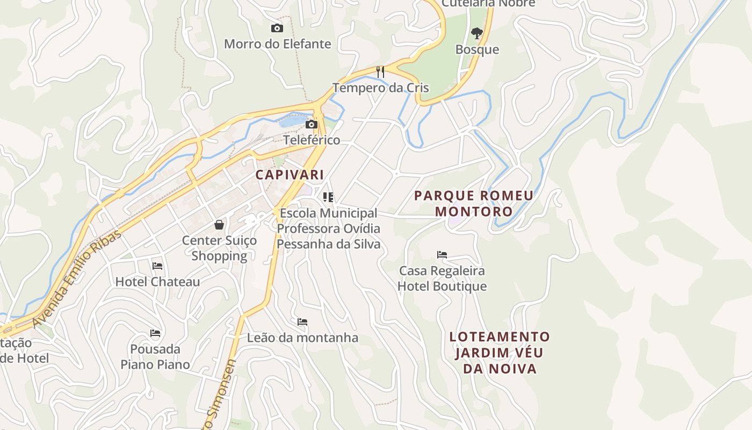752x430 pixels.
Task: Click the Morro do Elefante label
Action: [x=277, y=44]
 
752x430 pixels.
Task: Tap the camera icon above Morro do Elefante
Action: [x=277, y=28]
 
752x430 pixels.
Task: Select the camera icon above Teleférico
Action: [x=311, y=125]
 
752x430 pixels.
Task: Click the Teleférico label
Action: [x=312, y=140]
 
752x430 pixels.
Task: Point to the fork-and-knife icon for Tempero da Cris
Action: [x=380, y=71]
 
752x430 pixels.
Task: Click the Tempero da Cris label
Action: [x=380, y=88]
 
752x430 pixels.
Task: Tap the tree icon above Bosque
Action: [x=476, y=33]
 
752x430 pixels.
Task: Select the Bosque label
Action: [x=477, y=49]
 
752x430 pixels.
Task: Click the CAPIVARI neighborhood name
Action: [x=290, y=175]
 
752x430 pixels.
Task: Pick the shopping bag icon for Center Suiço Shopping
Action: [x=219, y=224]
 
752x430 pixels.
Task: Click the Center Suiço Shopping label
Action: [x=219, y=248]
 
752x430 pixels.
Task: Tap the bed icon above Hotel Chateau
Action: [x=157, y=266]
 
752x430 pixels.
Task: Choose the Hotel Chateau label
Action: [x=157, y=282]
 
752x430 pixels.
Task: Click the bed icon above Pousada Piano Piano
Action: [x=155, y=333]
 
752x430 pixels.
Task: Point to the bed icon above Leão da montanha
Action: [x=302, y=322]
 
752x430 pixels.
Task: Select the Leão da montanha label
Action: [x=302, y=338]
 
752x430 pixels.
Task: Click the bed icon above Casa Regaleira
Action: [x=442, y=254]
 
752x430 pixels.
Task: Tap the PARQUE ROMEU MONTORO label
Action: [x=474, y=203]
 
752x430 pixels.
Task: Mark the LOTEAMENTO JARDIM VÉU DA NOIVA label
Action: [x=500, y=353]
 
